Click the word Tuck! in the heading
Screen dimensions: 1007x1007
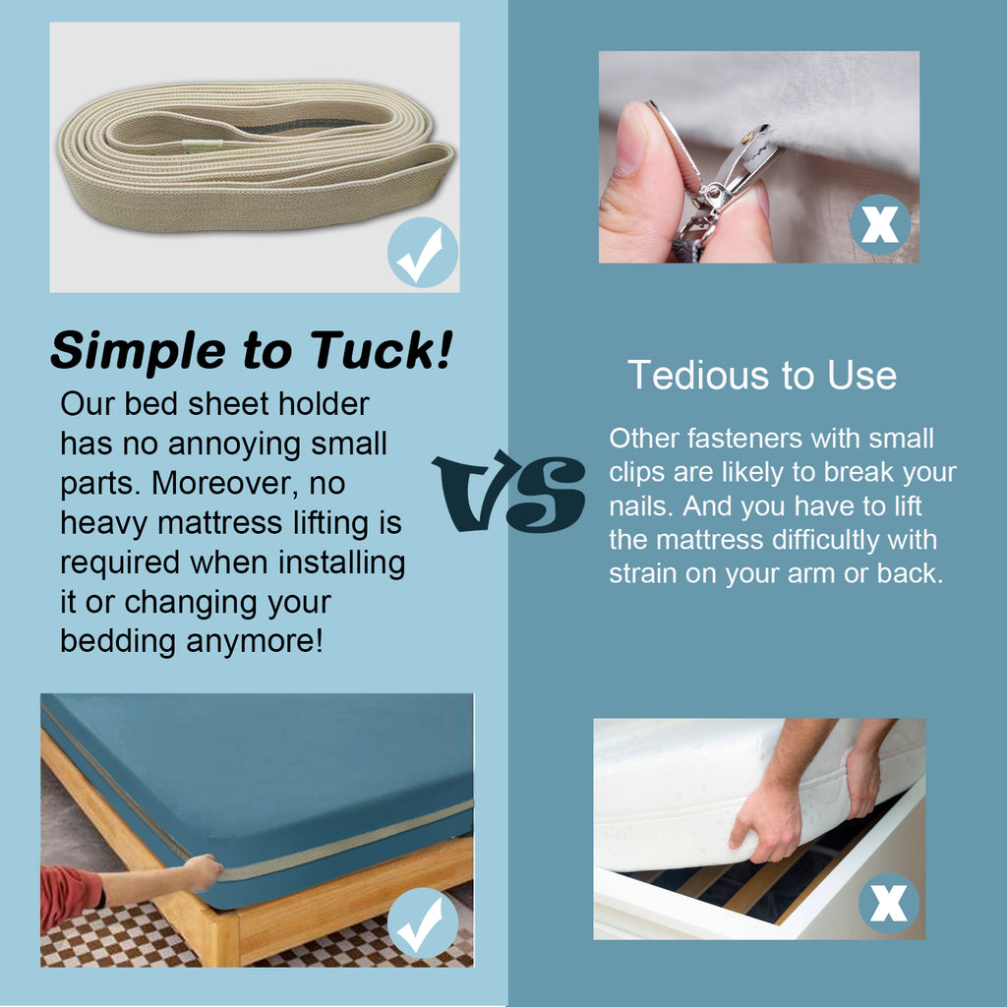tap(382, 350)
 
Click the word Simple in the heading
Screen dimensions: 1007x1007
tap(138, 352)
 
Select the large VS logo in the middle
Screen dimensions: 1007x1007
tap(508, 492)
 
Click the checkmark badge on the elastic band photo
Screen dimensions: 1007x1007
tap(423, 253)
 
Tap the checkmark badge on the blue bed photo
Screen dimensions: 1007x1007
tap(423, 922)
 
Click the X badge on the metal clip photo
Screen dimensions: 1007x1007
tap(880, 225)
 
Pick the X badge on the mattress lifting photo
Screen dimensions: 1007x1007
tap(889, 903)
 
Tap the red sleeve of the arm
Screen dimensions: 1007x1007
tap(70, 896)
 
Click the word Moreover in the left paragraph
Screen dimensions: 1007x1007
tap(225, 484)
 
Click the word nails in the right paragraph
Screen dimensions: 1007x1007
tap(641, 506)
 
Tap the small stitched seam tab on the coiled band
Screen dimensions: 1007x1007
tap(203, 146)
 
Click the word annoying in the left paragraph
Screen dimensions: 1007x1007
tap(234, 445)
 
